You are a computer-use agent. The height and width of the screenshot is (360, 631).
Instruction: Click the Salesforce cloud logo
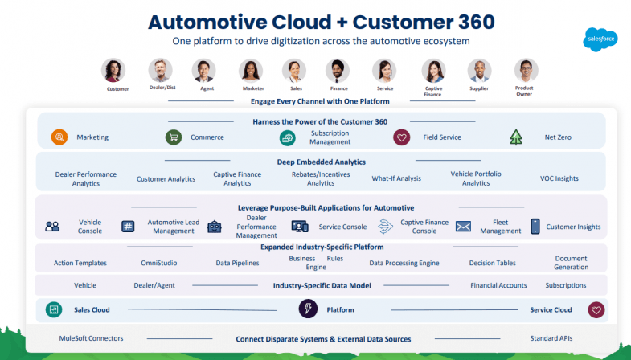point(601,40)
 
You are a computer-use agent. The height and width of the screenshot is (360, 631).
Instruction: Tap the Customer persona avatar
point(113,71)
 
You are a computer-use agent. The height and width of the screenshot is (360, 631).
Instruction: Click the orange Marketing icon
point(59,137)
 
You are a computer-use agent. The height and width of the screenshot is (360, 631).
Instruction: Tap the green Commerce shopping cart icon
point(173,137)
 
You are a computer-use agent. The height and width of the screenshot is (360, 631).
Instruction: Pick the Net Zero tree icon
point(516,137)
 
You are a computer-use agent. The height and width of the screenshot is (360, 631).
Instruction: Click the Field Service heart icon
point(401,137)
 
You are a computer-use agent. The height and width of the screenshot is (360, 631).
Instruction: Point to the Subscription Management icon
point(287,137)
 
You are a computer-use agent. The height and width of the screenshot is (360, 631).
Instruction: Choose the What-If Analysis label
point(396,178)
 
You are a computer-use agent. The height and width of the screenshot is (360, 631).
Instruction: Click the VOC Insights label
point(559,178)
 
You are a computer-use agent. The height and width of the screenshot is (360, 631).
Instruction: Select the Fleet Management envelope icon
point(463,227)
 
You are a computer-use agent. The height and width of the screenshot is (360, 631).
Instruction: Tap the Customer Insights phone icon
point(535,227)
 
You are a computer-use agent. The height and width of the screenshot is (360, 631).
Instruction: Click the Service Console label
point(342,227)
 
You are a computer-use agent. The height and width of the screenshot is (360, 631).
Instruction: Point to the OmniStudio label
point(159,263)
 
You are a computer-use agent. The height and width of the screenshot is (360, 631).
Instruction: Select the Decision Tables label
point(493,263)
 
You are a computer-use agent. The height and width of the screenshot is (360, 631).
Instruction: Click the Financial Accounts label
point(499,285)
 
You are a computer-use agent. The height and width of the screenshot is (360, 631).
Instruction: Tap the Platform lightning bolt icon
point(307,309)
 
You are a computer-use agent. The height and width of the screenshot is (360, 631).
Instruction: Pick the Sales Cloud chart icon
point(54,309)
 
